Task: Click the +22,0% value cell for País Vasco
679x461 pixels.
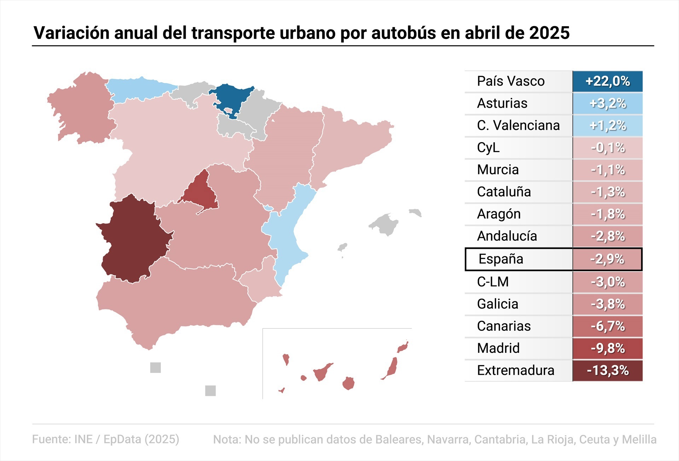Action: (x=607, y=81)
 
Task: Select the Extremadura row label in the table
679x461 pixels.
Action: (x=515, y=370)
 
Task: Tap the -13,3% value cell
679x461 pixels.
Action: (x=607, y=370)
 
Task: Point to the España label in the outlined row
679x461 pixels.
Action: (x=500, y=259)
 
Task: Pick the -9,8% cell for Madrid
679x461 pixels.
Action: (x=607, y=348)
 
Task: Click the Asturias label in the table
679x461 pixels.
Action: (x=502, y=103)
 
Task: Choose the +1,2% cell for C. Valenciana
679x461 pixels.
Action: (x=607, y=126)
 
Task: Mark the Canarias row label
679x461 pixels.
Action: (x=504, y=326)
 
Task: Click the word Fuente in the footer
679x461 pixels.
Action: (x=51, y=439)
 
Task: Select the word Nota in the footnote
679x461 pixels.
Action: (x=226, y=439)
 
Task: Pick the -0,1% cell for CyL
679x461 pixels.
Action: (x=607, y=148)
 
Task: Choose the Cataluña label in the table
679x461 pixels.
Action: (x=504, y=192)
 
